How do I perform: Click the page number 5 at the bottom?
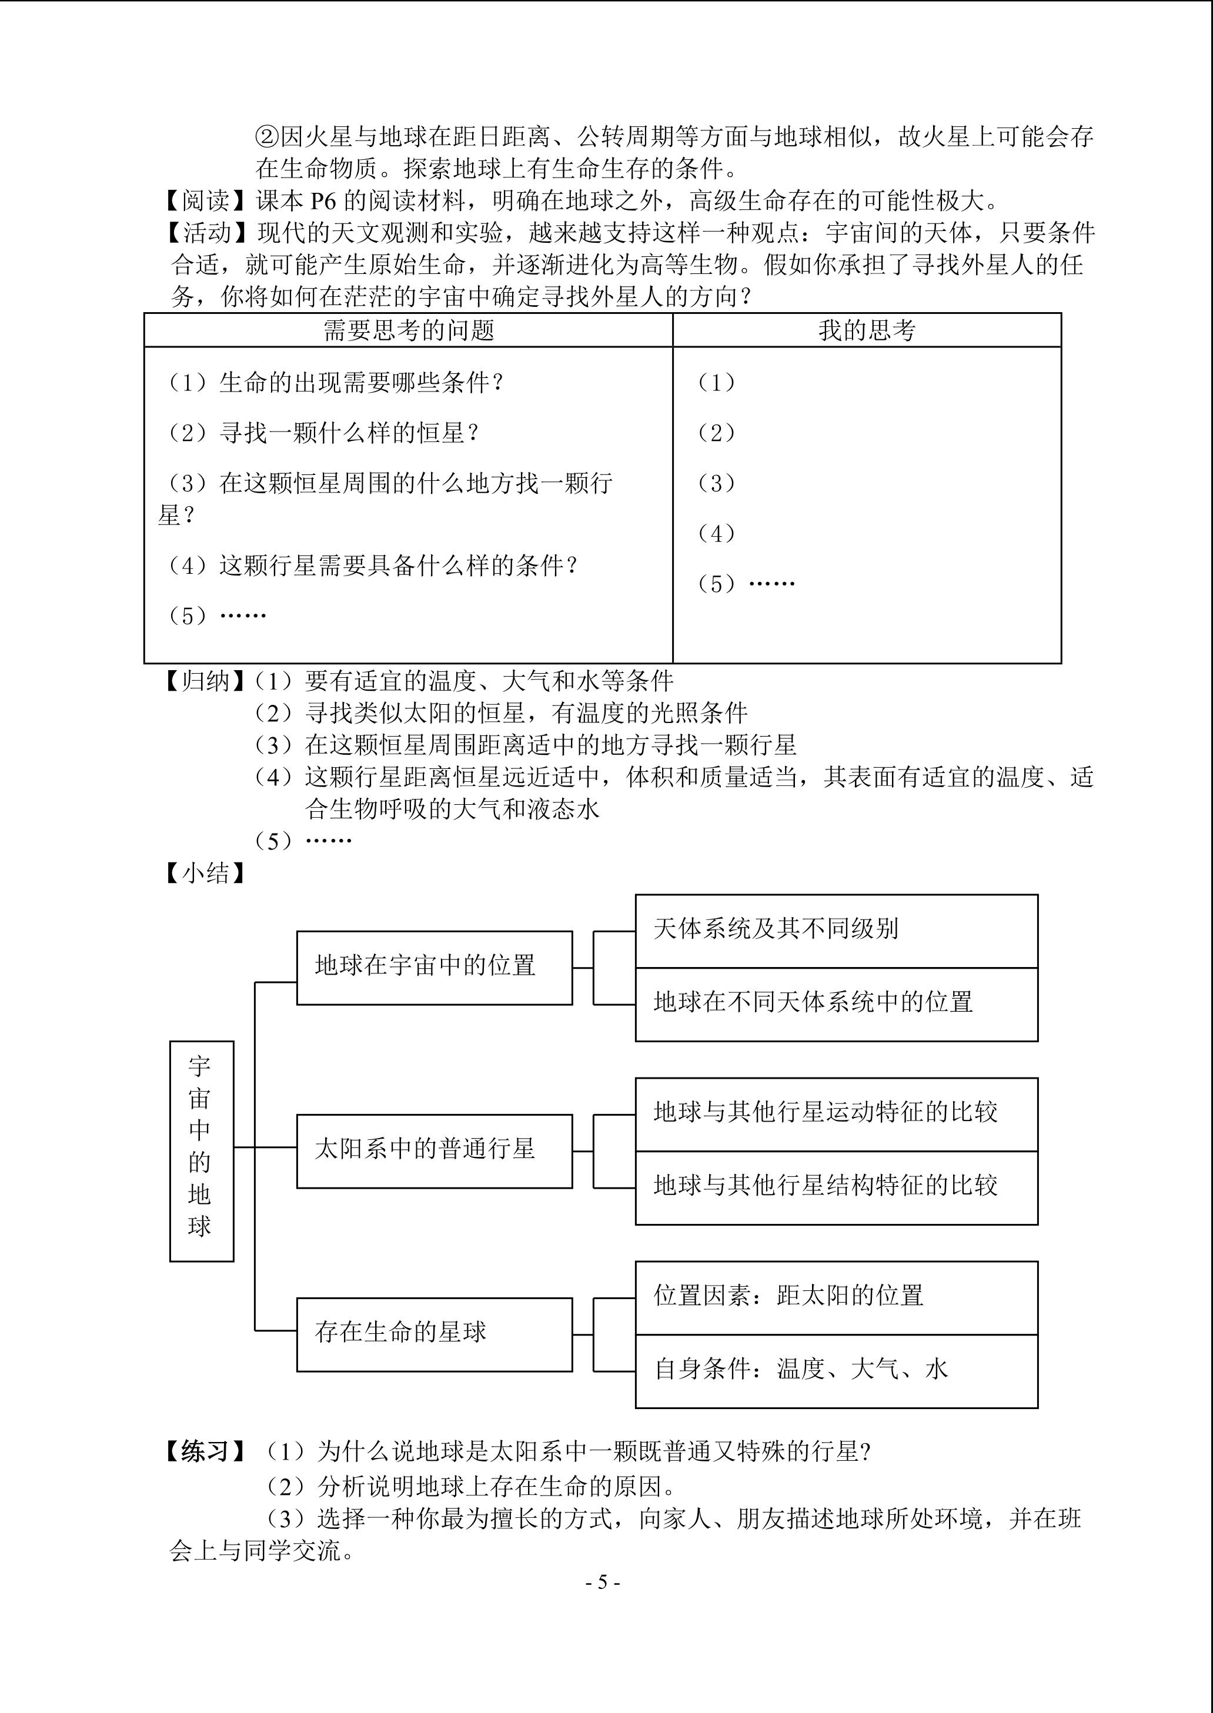pyautogui.click(x=603, y=1582)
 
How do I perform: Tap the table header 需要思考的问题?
pyautogui.click(x=409, y=330)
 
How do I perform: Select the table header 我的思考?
pyautogui.click(x=867, y=330)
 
